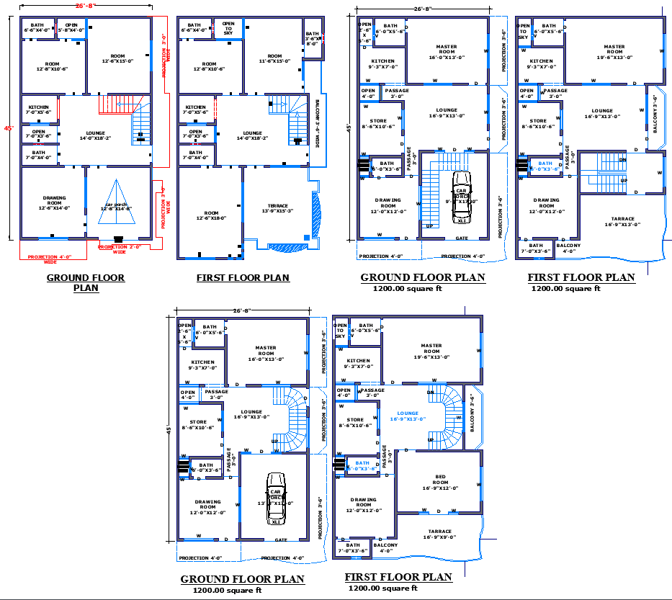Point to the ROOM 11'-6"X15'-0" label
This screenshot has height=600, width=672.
(274, 58)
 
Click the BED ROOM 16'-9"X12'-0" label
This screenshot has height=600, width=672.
(440, 481)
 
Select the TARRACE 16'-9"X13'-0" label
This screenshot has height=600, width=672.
(622, 221)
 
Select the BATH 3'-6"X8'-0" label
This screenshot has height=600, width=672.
(311, 38)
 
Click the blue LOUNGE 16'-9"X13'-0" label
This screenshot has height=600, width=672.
(408, 416)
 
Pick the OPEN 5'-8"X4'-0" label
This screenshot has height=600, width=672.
(71, 27)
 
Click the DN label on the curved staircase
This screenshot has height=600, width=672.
(430, 391)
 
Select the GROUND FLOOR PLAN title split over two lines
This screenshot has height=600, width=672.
(86, 282)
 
